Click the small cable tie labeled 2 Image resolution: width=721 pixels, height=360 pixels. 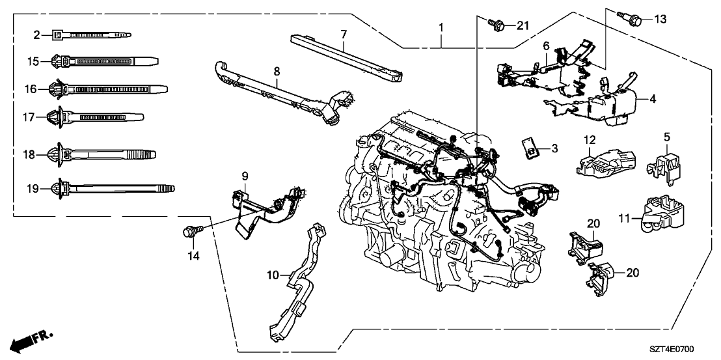[91, 34]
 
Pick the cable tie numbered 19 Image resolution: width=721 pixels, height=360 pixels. [111, 189]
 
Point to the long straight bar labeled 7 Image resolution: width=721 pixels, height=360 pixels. [345, 59]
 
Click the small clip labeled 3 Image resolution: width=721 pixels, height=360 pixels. [531, 148]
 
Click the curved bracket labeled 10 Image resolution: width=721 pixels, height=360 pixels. [296, 280]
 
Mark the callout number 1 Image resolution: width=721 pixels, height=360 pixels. [441, 28]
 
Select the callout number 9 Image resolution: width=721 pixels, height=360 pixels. [245, 175]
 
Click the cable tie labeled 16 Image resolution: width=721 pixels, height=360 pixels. [107, 88]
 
